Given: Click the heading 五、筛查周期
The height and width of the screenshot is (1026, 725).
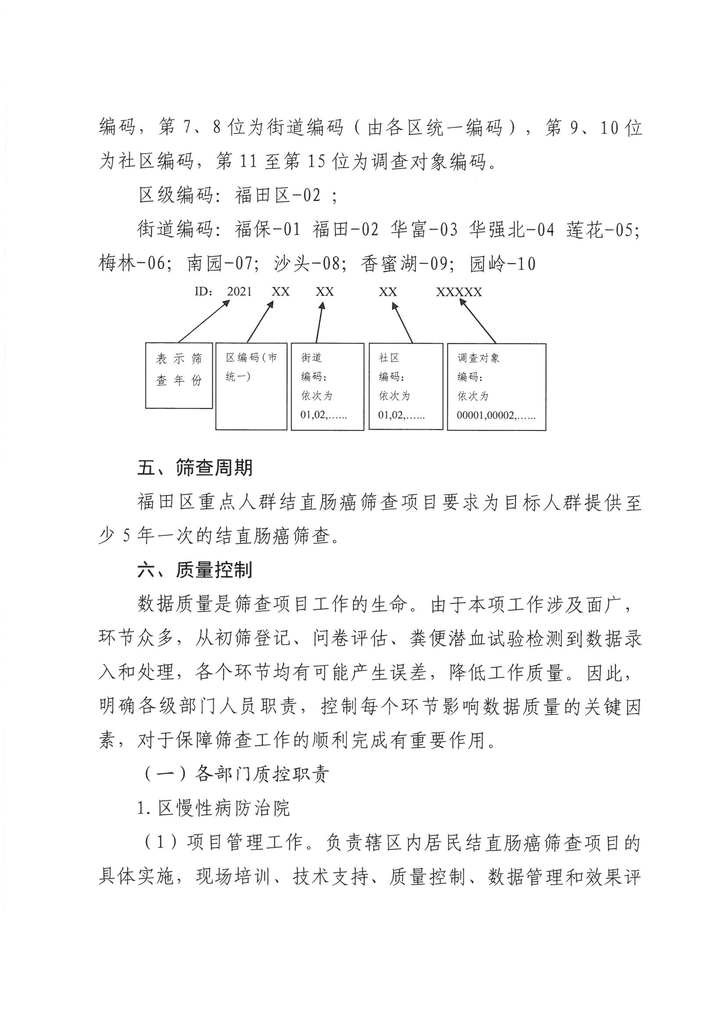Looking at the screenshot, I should coord(195,468).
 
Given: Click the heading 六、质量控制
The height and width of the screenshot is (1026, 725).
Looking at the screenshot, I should coord(195,570).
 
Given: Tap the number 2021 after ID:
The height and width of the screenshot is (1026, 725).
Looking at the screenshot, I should coord(239,292).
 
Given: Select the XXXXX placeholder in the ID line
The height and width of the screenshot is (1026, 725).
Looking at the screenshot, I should coord(459,292).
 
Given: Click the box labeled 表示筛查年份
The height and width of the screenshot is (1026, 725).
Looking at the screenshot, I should coord(179,375).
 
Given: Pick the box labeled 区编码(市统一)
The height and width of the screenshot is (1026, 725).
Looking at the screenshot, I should coord(251,386).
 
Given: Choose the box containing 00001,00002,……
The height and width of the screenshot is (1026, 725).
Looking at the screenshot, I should coord(496,387).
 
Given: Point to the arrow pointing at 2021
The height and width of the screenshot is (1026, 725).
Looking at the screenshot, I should coord(204,322).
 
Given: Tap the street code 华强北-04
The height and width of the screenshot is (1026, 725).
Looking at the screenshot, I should coord(511,230).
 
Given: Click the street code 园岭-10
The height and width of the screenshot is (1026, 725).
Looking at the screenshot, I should coord(503,264).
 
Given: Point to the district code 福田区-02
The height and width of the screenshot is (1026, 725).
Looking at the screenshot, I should coord(278,196).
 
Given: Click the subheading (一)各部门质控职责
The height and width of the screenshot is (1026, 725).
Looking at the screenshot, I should coord(237,774).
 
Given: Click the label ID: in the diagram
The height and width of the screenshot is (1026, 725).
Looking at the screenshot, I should coord(203,292).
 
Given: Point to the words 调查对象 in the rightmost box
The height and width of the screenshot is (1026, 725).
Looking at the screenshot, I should coord(479,358).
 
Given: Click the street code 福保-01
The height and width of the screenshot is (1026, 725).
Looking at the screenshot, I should coord(268,230).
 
